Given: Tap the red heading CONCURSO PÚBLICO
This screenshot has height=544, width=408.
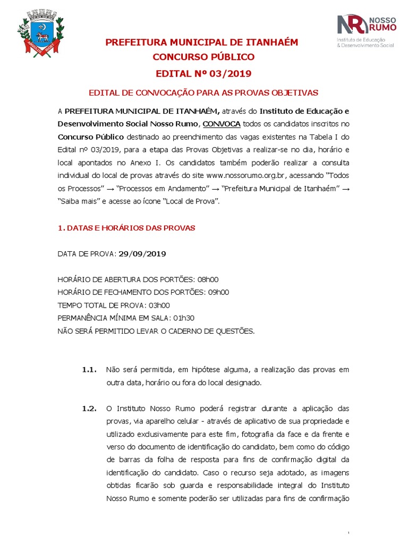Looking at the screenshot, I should coord(203,57).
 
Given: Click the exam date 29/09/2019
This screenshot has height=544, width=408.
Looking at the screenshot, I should coord(142,254).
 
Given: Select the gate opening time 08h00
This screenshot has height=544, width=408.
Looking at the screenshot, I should coord(208,279).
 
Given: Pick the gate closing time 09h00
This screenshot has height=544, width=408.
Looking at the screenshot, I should coord(216,292).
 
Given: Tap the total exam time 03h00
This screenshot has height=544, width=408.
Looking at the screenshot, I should coord(159,305).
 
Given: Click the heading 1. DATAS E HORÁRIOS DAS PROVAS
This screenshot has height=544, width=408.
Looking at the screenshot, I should coord(126,228).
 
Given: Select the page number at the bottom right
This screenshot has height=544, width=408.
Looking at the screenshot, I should coord(348,533).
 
